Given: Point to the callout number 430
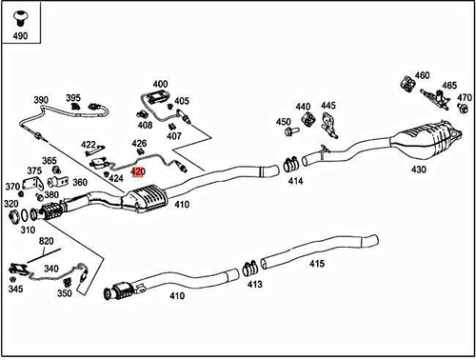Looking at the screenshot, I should click(x=418, y=170).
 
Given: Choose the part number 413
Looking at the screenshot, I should click(x=254, y=284).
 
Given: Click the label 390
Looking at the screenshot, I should click(x=41, y=100).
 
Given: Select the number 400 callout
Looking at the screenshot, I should click(x=160, y=85).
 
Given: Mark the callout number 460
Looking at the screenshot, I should click(x=422, y=75).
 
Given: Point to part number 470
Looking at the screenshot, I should click(x=464, y=97).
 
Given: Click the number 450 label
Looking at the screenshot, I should click(x=284, y=122).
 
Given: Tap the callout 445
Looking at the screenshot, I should click(x=328, y=106).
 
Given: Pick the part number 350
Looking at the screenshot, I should click(x=64, y=294).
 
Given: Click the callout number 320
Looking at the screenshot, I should click(x=10, y=203).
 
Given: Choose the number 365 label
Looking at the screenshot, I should click(x=49, y=161).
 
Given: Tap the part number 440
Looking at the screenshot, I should click(x=304, y=107).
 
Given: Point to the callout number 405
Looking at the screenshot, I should click(x=182, y=101).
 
